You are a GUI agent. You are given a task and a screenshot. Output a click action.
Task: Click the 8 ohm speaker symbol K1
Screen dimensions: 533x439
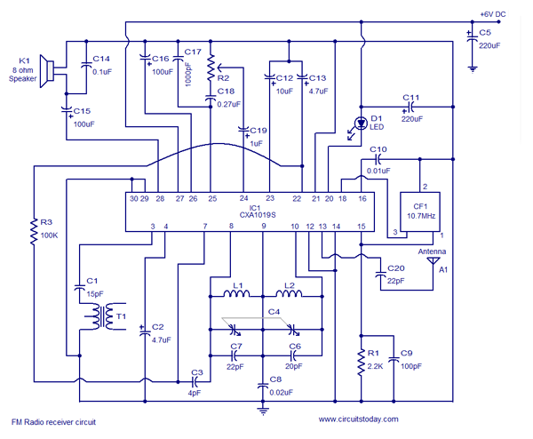pyautogui.click(x=47, y=71)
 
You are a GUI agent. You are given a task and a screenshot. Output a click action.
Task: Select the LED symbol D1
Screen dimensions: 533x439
pyautogui.click(x=361, y=124)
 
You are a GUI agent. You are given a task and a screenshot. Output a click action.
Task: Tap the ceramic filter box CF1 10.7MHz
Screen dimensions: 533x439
pyautogui.click(x=420, y=212)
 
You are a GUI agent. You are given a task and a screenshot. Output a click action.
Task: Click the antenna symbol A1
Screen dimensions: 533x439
pyautogui.click(x=433, y=260)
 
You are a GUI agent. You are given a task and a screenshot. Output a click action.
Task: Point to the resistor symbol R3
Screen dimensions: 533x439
pyautogui.click(x=34, y=232)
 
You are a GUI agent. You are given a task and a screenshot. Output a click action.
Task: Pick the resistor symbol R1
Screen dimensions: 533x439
pyautogui.click(x=361, y=363)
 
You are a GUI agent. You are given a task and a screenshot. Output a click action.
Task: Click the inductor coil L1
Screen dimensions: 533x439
pyautogui.click(x=236, y=293)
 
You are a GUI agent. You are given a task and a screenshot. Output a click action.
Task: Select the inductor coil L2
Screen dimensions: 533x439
pyautogui.click(x=289, y=293)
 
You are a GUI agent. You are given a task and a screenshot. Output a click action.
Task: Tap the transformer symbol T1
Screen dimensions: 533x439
pyautogui.click(x=101, y=316)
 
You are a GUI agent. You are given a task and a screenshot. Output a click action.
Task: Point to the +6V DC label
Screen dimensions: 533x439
pyautogui.click(x=492, y=14)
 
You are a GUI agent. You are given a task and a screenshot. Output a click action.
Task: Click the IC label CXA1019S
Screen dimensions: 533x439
pyautogui.click(x=258, y=215)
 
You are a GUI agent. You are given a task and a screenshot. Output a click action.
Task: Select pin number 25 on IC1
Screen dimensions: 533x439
pyautogui.click(x=212, y=198)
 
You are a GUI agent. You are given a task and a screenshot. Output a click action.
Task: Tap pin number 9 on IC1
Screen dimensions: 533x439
pyautogui.click(x=264, y=226)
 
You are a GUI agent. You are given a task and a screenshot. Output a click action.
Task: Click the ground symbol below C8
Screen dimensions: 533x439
pyautogui.click(x=263, y=411)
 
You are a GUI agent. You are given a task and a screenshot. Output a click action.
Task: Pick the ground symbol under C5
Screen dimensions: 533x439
pyautogui.click(x=473, y=69)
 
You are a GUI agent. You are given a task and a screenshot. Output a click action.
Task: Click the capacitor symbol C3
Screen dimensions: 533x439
pyautogui.click(x=195, y=381)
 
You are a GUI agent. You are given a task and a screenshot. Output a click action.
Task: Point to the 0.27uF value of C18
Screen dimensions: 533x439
pyautogui.click(x=228, y=104)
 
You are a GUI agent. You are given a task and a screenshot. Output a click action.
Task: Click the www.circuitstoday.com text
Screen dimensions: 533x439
pyautogui.click(x=358, y=419)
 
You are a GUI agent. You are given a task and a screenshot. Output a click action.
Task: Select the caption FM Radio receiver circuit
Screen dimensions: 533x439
pyautogui.click(x=53, y=422)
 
